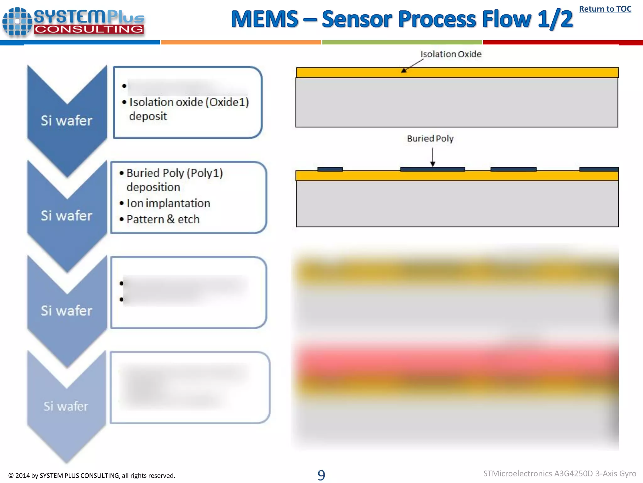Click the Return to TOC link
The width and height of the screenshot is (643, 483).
coord(605,9)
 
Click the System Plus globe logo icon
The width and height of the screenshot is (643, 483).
coord(17,22)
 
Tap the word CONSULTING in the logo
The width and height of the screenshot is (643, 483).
coord(89,29)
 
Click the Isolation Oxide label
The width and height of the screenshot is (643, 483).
coord(451,54)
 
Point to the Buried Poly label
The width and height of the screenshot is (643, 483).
coord(430,138)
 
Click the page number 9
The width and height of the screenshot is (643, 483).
coord(321,475)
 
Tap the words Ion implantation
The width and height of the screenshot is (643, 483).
coord(168,203)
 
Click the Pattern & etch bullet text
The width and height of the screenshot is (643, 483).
coord(163,219)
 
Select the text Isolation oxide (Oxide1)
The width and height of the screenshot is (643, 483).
coord(189,102)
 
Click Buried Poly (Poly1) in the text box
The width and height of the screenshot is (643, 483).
coord(175,173)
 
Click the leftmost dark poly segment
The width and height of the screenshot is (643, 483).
coord(330,169)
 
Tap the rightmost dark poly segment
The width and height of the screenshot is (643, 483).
coord(599,169)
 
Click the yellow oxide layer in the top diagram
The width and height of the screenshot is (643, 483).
coord(457,73)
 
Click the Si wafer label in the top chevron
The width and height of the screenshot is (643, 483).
coord(67,120)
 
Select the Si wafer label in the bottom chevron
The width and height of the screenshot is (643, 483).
coord(66,406)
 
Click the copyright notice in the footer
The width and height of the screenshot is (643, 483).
coord(92,475)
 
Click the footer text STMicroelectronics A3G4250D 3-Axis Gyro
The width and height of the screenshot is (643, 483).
coord(559,474)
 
